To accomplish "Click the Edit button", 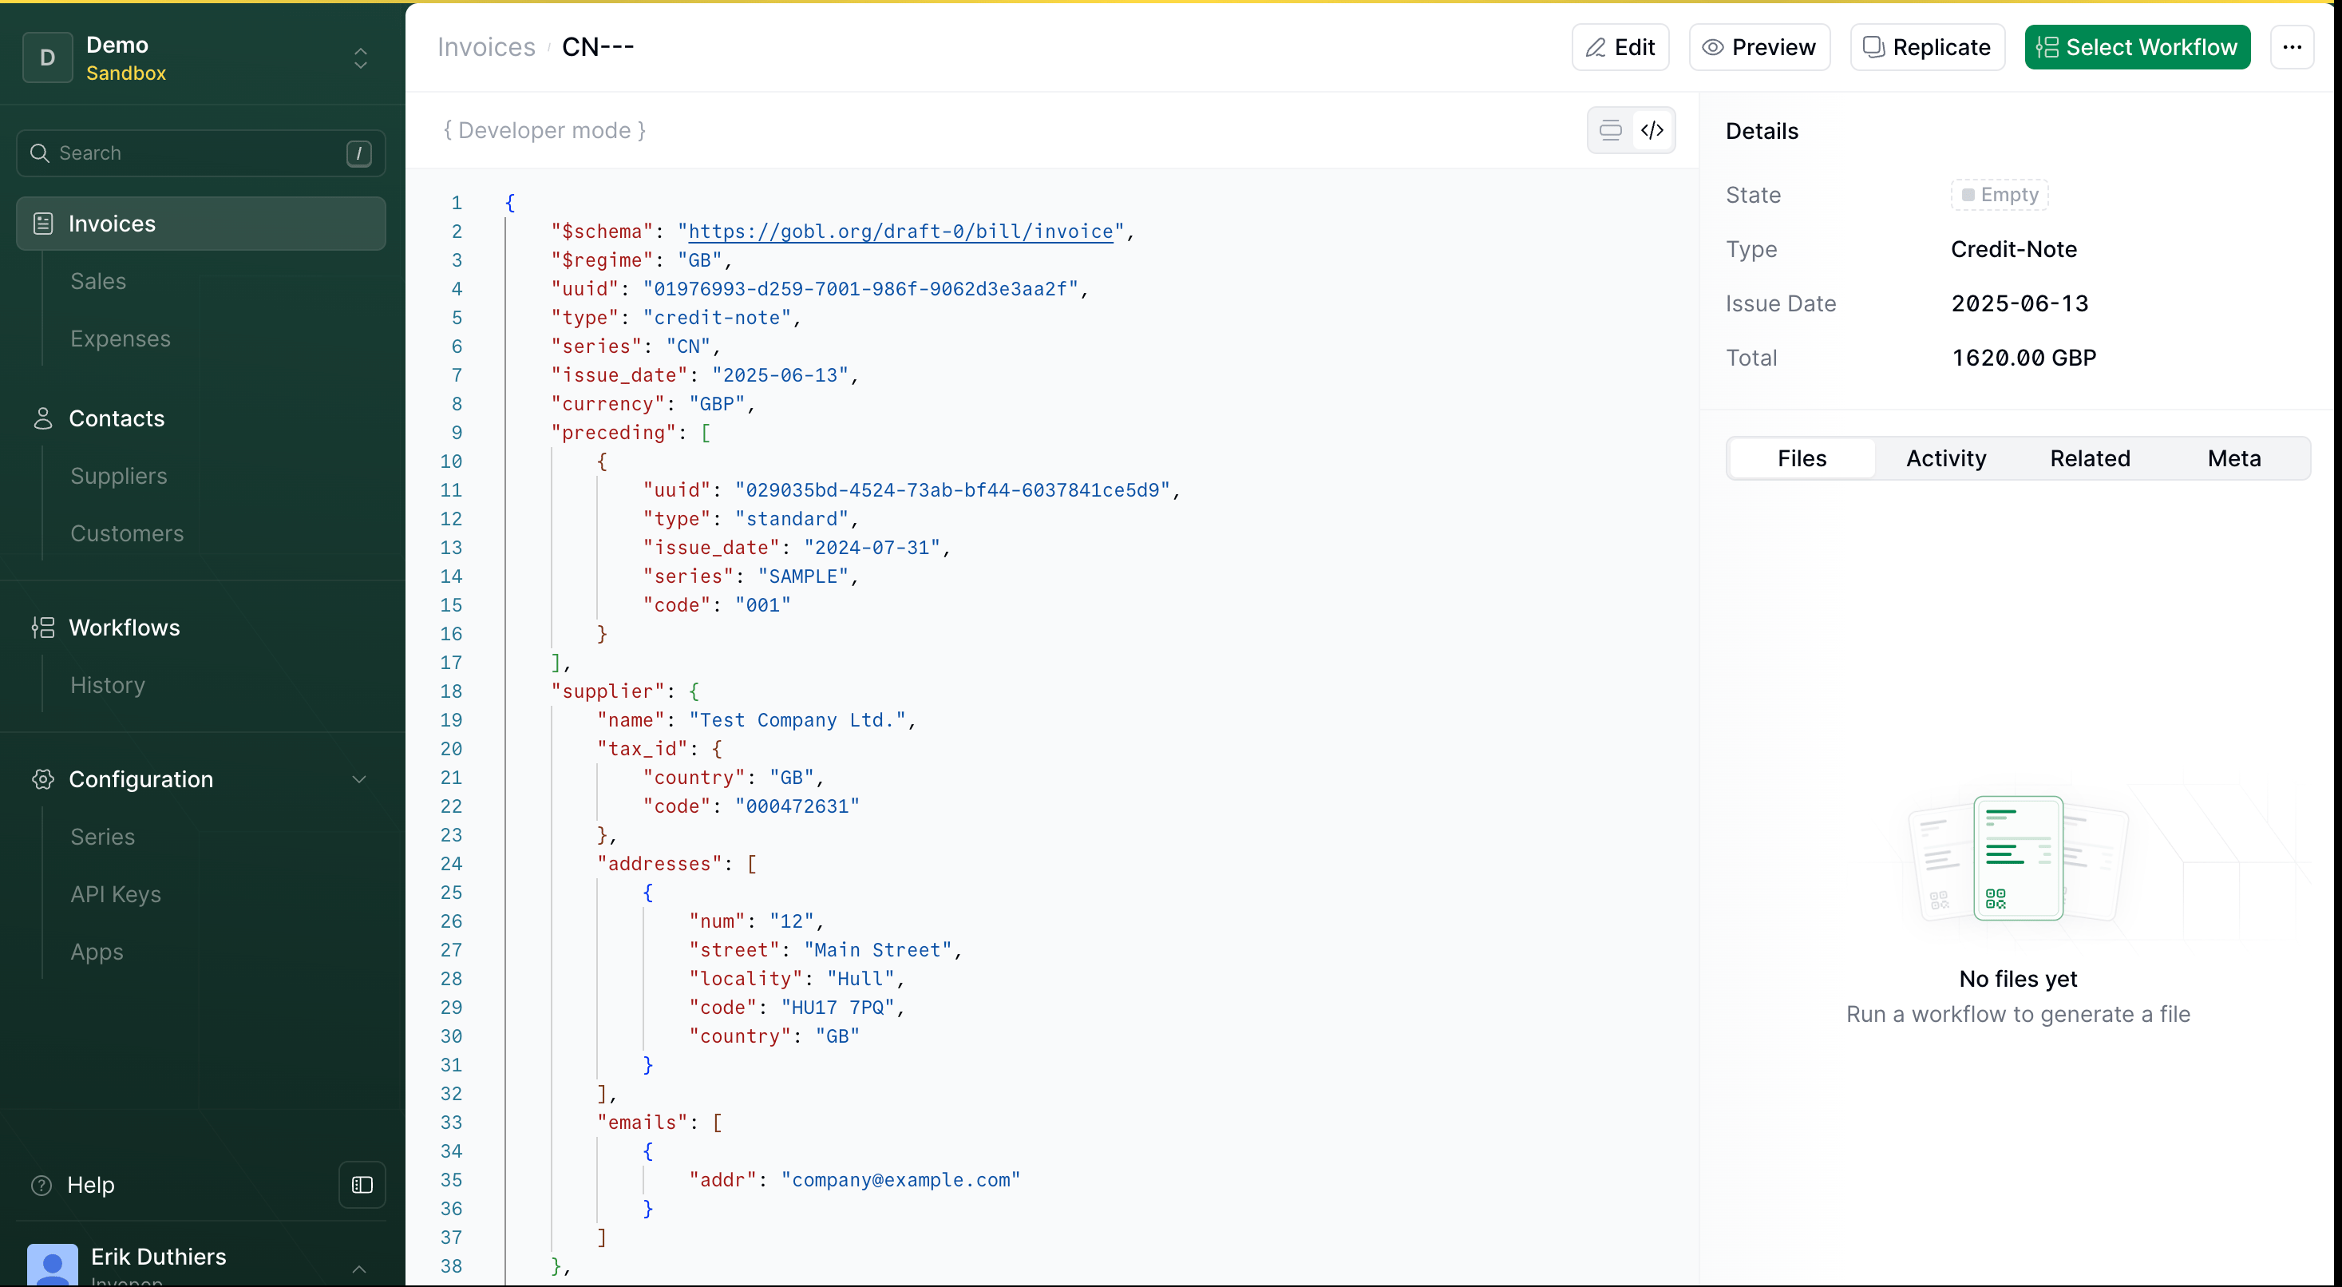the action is click(1620, 47).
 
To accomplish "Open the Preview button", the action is click(1759, 47).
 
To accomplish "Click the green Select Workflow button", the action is click(2138, 47).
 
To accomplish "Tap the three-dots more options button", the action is click(2292, 47).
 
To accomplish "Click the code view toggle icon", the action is click(1652, 130).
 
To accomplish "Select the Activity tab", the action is click(1945, 458).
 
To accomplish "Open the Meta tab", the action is click(2233, 458).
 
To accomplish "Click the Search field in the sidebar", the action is click(201, 152).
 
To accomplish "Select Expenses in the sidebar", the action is click(120, 339).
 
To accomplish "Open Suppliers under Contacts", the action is click(118, 476).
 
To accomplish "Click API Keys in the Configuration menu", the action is click(116, 894).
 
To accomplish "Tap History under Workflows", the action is click(107, 685).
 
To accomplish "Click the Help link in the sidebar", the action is click(90, 1185).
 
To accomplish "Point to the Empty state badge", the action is click(2000, 195).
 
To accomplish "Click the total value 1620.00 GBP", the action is click(2024, 358).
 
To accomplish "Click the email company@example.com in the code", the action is click(901, 1180).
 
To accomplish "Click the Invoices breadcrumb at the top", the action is click(486, 47).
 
